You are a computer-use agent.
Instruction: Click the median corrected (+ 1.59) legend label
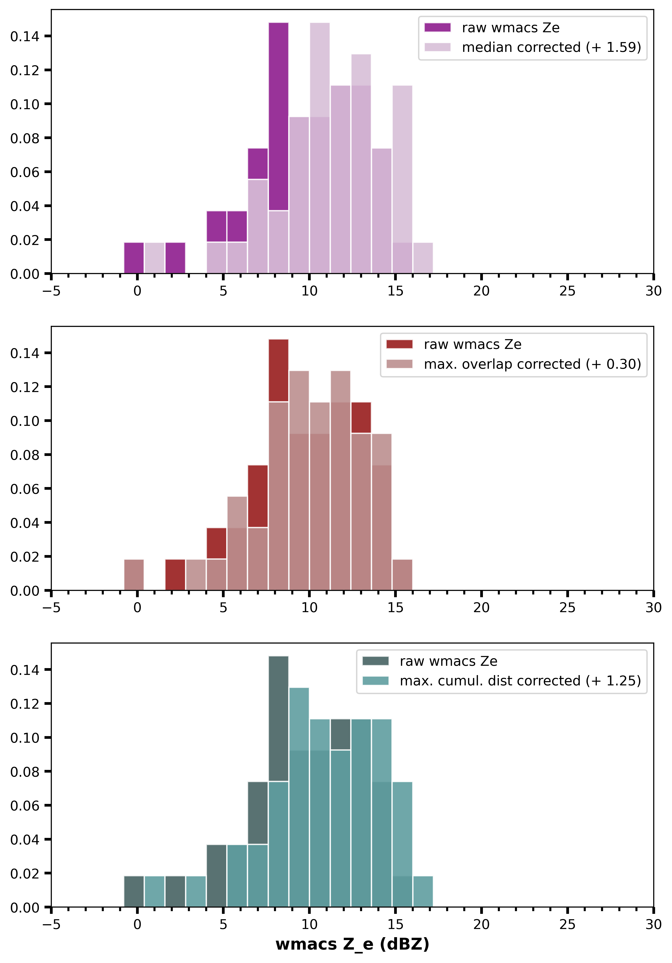point(551,47)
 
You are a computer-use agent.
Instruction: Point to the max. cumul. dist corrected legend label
point(520,681)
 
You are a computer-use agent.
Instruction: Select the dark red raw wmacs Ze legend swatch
point(399,344)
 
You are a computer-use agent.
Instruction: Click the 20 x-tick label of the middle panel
point(481,608)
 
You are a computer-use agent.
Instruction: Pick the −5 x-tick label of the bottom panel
point(51,924)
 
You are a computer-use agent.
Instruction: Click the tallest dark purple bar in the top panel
point(278,118)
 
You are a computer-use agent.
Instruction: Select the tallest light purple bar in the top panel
point(320,69)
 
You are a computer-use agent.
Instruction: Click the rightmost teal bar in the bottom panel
point(423,892)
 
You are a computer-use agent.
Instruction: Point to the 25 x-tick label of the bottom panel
point(567,924)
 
